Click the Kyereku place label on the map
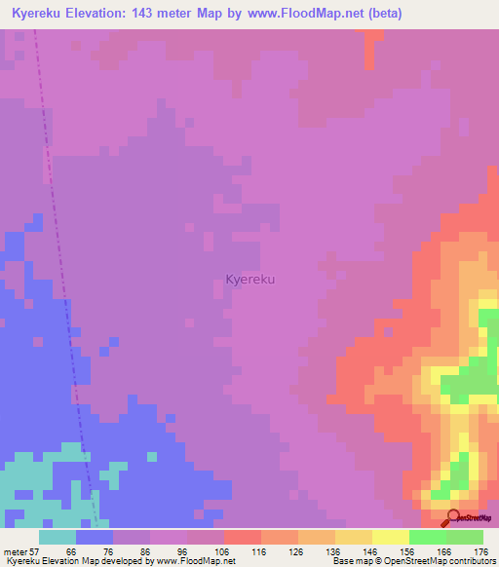click(249, 280)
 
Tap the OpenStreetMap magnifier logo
click(454, 518)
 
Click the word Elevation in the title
click(111, 14)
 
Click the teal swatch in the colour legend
click(58, 537)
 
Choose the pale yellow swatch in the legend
click(390, 537)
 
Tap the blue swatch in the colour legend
click(95, 537)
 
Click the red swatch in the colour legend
click(243, 537)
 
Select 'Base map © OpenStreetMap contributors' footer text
click(412, 561)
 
